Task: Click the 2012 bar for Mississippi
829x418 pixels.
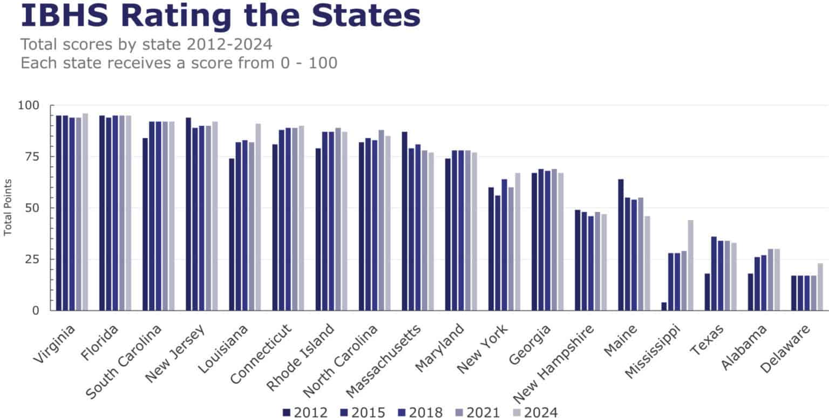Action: pos(664,306)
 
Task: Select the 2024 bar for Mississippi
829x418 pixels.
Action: pos(690,265)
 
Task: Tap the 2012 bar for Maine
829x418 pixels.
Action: pos(621,245)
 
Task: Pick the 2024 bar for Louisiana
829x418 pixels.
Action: pos(258,217)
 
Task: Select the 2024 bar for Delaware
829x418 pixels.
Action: pos(820,287)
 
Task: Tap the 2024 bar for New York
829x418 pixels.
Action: pos(518,242)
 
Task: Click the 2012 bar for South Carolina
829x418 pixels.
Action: pos(145,224)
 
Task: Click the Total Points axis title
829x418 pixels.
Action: pos(8,208)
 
